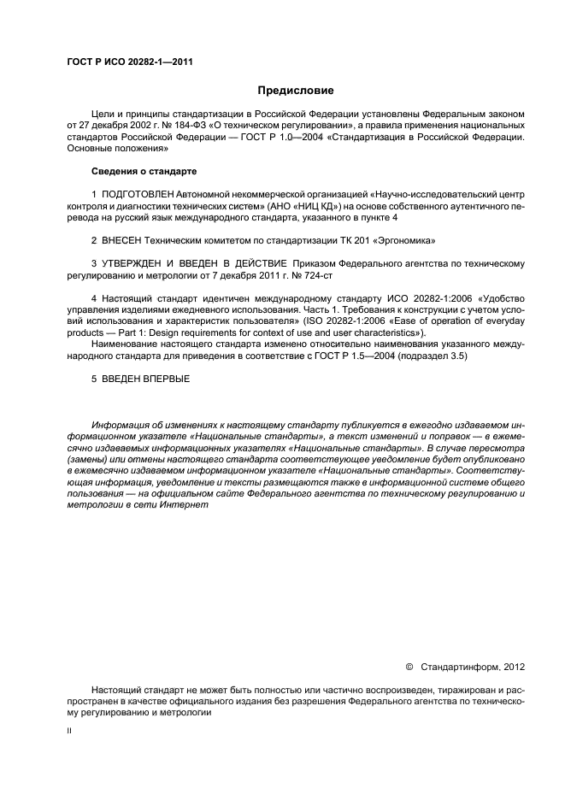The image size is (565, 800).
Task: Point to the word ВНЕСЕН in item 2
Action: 122,242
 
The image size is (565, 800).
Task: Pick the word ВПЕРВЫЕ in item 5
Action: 164,379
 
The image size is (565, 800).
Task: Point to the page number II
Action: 69,731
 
